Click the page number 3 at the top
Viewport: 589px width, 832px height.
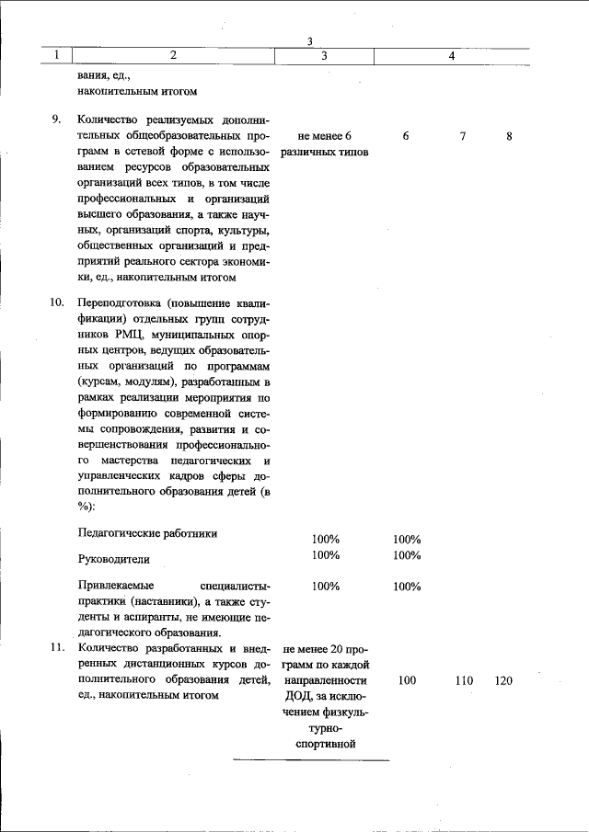pyautogui.click(x=310, y=41)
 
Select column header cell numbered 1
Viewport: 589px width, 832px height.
pyautogui.click(x=57, y=56)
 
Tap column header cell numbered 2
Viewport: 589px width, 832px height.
pyautogui.click(x=173, y=56)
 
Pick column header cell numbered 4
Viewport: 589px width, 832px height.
pyautogui.click(x=452, y=56)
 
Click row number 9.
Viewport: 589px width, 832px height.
pyautogui.click(x=56, y=120)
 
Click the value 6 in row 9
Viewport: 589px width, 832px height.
pyautogui.click(x=406, y=136)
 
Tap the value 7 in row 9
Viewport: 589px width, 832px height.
pyautogui.click(x=463, y=136)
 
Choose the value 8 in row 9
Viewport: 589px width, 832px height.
pyautogui.click(x=509, y=136)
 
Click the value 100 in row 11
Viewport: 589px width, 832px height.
pyautogui.click(x=406, y=681)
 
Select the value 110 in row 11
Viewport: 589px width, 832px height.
pyautogui.click(x=464, y=681)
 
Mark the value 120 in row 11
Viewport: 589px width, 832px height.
pyautogui.click(x=502, y=681)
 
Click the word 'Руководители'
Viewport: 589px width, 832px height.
pyautogui.click(x=113, y=558)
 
